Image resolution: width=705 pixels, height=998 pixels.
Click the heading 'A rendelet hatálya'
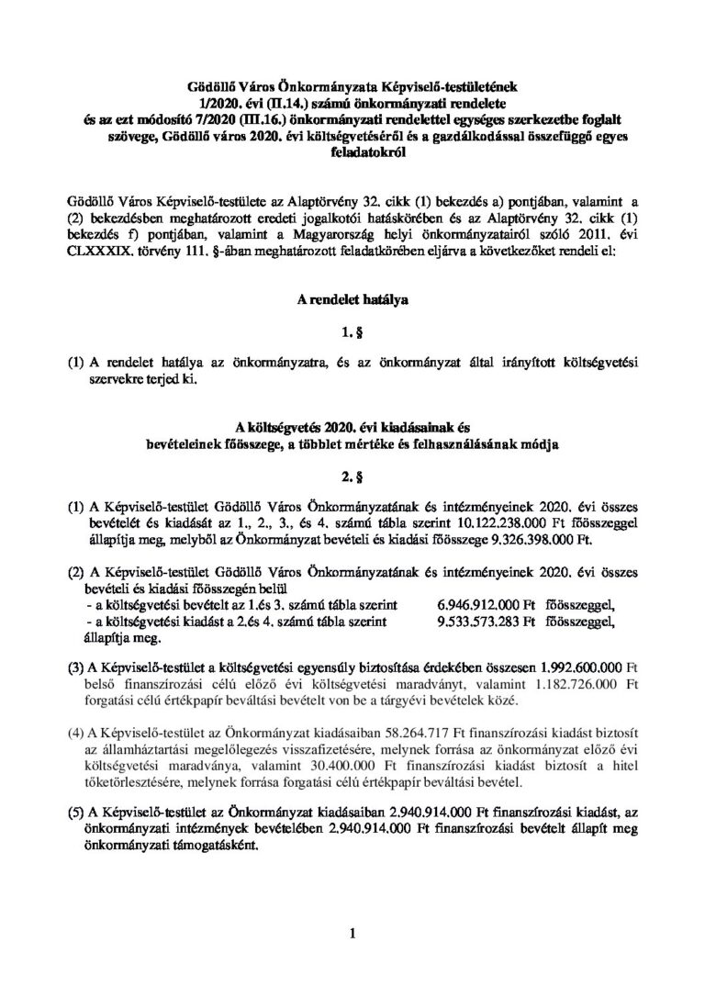(x=352, y=298)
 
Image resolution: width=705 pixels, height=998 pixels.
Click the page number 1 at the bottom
(x=352, y=936)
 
